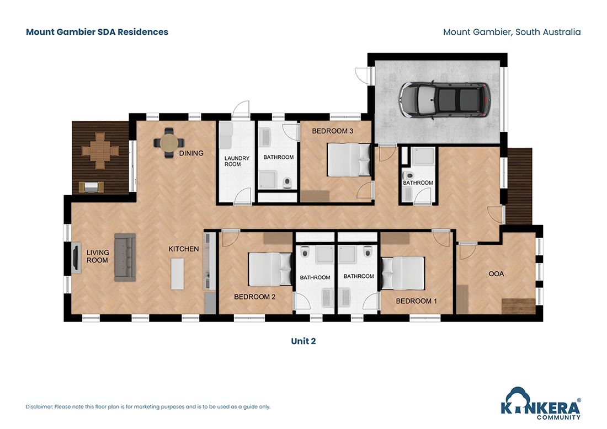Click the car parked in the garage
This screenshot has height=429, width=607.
(x=445, y=100)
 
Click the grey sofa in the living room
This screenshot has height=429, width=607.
(x=125, y=258)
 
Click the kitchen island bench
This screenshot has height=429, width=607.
(x=177, y=274)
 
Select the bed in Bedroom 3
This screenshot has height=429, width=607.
(x=349, y=159)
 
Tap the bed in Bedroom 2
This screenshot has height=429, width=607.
(x=270, y=269)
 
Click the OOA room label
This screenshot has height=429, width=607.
(x=496, y=274)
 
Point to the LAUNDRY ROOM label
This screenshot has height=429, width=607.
(x=237, y=161)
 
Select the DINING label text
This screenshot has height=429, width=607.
(x=191, y=153)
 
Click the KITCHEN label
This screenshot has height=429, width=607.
(x=183, y=249)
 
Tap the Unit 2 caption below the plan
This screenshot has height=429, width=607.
(x=303, y=341)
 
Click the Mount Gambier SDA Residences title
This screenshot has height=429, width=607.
(x=97, y=32)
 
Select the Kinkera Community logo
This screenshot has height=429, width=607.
(x=540, y=403)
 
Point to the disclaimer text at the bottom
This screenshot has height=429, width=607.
(x=148, y=407)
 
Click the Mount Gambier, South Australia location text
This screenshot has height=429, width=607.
(x=512, y=32)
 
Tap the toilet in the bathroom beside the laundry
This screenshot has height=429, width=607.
(x=286, y=181)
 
